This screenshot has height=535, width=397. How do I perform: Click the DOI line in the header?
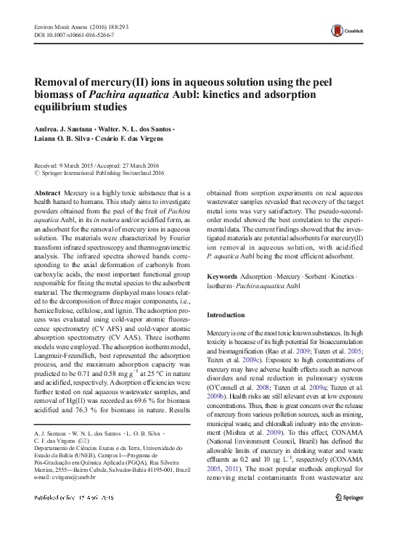click(67, 34)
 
